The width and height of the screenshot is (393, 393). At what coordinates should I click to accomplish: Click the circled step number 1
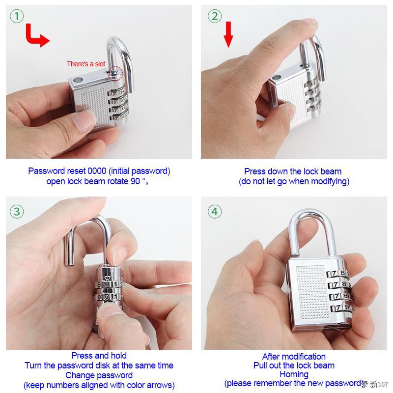17,16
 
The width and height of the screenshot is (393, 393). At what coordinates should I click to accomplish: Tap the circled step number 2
215,16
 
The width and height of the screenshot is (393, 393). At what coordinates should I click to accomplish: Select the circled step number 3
17,212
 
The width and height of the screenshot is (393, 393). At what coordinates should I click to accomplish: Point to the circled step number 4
215,212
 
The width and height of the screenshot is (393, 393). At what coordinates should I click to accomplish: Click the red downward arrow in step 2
227,34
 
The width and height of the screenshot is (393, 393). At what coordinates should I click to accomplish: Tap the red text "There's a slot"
86,64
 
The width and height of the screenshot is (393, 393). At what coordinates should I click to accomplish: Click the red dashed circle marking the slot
115,73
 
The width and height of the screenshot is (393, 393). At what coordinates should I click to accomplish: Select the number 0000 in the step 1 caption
97,171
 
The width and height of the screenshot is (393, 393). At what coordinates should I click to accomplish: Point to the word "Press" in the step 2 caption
255,171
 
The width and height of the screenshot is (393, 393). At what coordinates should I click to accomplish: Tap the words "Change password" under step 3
99,375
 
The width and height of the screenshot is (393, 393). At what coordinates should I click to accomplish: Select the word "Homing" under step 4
294,374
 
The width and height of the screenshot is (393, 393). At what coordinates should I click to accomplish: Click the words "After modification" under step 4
294,357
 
